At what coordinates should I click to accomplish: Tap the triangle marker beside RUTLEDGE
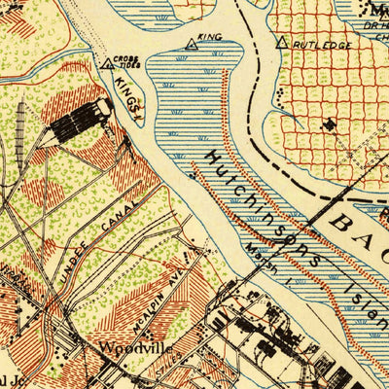click(x=282, y=43)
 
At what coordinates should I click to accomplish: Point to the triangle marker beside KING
click(x=191, y=43)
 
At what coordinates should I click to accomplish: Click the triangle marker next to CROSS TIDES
click(x=106, y=64)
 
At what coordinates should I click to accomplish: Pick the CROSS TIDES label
click(x=125, y=60)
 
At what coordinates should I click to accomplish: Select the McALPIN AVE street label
click(x=159, y=284)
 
